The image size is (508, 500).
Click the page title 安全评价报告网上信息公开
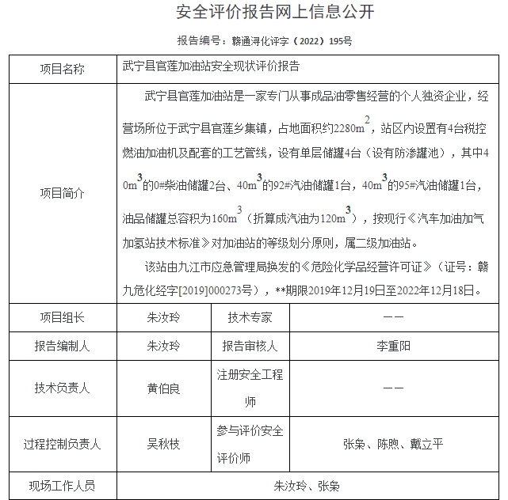click(253, 13)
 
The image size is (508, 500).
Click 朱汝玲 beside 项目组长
click(163, 317)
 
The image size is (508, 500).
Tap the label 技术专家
click(250, 317)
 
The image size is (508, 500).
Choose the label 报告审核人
click(250, 346)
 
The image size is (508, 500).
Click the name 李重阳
click(393, 346)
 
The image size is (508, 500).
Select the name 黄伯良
click(163, 388)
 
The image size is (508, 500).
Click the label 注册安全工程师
click(250, 388)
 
